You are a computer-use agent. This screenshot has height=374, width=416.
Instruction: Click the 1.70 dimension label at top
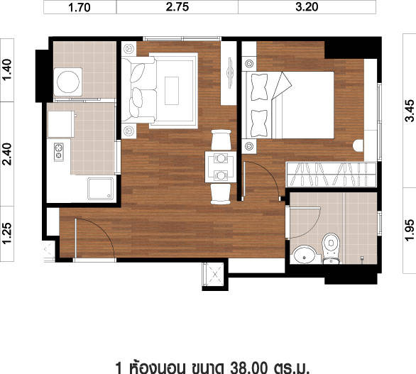80,7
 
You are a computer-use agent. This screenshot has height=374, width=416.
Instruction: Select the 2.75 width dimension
177,7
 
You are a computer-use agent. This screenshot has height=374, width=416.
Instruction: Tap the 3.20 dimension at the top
307,7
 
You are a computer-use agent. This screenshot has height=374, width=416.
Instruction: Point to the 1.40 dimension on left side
7,70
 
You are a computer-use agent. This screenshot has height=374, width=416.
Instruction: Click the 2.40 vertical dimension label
7,154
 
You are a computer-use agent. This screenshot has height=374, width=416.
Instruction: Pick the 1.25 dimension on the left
7,233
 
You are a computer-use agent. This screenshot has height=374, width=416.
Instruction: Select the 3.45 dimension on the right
409,111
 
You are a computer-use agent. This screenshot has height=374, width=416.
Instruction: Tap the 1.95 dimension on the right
409,230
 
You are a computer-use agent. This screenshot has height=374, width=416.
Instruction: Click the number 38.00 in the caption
248,368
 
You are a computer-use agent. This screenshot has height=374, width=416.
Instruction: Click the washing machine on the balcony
68,82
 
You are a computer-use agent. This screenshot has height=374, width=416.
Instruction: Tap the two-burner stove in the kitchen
59,152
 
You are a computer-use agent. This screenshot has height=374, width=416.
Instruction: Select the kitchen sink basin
101,188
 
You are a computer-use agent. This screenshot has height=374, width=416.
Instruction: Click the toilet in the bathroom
331,248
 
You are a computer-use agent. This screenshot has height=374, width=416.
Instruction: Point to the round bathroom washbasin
305,255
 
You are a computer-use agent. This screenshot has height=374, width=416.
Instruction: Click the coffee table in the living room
172,91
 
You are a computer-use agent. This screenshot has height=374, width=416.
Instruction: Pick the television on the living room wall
230,73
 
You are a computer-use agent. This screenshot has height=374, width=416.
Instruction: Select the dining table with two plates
221,167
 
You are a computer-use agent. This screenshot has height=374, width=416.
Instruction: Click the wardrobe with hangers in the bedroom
331,175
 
